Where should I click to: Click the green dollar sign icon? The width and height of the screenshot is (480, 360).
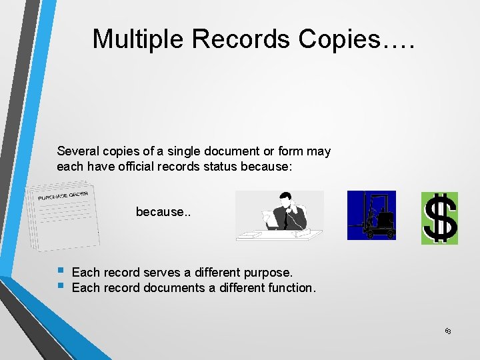[x=439, y=218]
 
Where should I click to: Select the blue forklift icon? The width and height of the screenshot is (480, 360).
[x=371, y=215]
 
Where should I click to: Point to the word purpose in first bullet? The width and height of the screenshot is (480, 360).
[x=268, y=273]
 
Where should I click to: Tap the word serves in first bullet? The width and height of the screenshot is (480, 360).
[x=160, y=273]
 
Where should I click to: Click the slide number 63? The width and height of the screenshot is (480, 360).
[x=448, y=331]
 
